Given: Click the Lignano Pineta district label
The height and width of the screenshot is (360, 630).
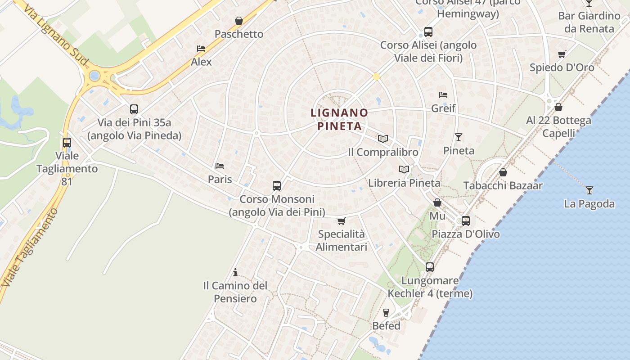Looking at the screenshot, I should point(339,119).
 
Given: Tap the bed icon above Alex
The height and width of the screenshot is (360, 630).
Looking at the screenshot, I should point(201,49).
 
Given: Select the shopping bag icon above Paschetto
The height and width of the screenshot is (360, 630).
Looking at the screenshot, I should point(238,21).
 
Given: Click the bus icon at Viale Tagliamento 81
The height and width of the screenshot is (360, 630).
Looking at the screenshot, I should point(67,143).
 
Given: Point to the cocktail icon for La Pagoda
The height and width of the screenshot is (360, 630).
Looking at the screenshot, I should point(589,190).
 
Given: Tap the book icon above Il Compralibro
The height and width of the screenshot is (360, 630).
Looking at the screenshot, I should point(382,139).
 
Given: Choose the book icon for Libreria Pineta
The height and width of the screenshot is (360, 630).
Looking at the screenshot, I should point(404,170).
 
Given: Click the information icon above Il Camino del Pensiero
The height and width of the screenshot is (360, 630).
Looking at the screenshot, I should point(235,272).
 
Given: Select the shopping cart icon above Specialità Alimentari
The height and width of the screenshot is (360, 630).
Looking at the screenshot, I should point(341,221).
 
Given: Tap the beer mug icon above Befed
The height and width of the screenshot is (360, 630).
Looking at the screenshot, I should point(386,312).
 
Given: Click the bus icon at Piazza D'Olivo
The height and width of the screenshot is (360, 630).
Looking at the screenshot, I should point(465,221).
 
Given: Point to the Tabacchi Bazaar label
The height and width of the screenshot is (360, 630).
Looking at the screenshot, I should point(503,185).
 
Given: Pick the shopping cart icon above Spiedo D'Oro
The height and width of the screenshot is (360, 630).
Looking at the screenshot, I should point(562,54).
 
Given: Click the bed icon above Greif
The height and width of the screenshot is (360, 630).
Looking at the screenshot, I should point(443,95).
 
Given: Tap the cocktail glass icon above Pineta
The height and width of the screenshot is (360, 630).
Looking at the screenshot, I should point(459,137).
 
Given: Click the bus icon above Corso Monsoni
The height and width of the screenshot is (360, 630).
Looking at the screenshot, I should point(277,185).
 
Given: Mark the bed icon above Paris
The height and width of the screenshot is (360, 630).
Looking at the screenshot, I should point(220,166).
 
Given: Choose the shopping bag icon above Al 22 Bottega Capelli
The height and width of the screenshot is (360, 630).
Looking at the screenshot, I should point(558,107).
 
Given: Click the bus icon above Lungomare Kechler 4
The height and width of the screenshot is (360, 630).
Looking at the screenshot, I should point(430,267).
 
